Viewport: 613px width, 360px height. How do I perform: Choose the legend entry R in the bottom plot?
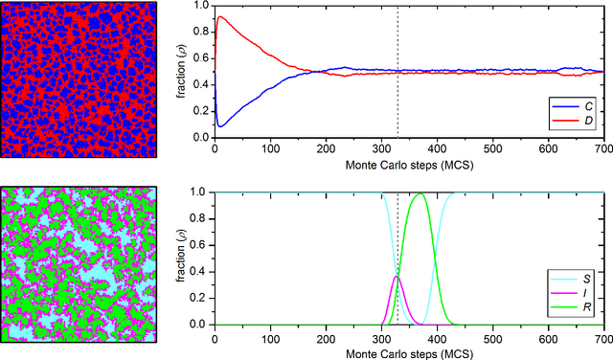click(x=586, y=308)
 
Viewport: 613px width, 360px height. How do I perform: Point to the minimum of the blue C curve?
click(x=219, y=125)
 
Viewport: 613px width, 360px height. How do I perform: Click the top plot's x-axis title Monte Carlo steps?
click(x=409, y=163)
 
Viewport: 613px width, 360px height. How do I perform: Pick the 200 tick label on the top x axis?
click(x=326, y=148)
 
